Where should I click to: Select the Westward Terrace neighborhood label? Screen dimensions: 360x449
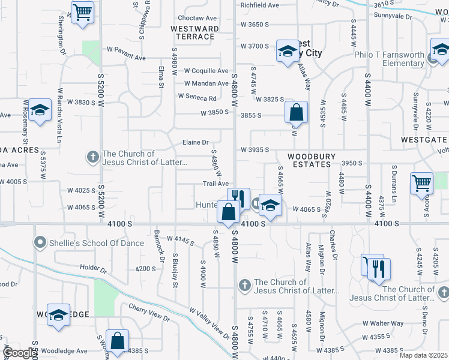coord(194,32)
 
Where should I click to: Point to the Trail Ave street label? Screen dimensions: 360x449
coord(215,184)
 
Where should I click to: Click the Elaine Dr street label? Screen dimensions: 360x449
coord(196,143)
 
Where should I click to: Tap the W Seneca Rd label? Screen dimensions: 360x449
coord(197,98)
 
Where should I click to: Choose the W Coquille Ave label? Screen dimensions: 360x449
coord(206,71)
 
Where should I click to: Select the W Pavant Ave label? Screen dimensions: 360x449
coord(126,49)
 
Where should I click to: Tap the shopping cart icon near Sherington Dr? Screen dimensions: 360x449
coord(82,11)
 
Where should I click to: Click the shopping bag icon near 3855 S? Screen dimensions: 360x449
coord(296,112)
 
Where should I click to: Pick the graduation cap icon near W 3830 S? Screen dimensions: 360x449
coord(40,110)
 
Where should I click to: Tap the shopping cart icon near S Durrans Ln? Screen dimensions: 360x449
coord(422,182)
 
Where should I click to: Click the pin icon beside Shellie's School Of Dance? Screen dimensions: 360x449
coord(40,243)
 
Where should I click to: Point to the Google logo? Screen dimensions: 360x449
coord(20,353)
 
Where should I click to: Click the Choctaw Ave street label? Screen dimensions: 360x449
coord(197,19)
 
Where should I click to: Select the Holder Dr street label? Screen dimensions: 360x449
coord(93,271)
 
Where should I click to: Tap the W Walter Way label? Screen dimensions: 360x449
coord(387,323)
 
